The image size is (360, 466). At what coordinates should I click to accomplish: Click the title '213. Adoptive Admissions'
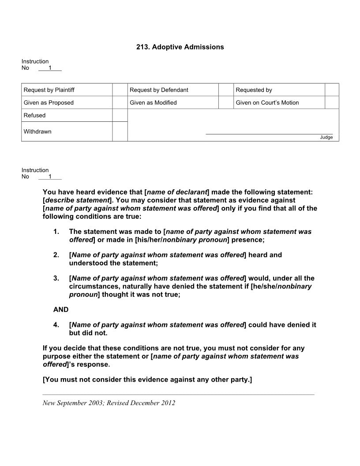pos(180,47)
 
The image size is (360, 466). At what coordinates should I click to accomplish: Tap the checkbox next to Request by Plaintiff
pos(120,90)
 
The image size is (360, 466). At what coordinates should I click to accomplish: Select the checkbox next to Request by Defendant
pos(226,90)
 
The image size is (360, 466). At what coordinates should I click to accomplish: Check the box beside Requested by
pos(332,90)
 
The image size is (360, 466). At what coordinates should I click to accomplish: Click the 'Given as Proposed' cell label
pos(49,103)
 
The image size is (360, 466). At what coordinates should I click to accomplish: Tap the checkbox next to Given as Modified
pos(226,103)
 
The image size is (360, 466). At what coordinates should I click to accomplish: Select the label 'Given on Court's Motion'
pos(267,103)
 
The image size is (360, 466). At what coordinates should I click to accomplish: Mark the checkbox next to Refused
pos(120,115)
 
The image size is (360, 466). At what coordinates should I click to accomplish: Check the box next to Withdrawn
pos(120,132)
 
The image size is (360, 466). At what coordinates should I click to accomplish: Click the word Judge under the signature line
pos(326,137)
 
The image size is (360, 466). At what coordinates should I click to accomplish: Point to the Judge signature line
pos(269,133)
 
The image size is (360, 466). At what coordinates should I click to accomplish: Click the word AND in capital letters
pos(61,310)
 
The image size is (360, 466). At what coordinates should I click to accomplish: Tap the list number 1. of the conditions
pos(56,232)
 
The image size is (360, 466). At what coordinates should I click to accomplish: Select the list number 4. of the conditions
pos(56,325)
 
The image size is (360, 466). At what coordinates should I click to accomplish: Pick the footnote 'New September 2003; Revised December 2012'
pos(109,403)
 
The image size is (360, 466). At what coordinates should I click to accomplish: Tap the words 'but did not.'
pos(88,333)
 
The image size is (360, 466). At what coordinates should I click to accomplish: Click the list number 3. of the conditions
pos(56,278)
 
